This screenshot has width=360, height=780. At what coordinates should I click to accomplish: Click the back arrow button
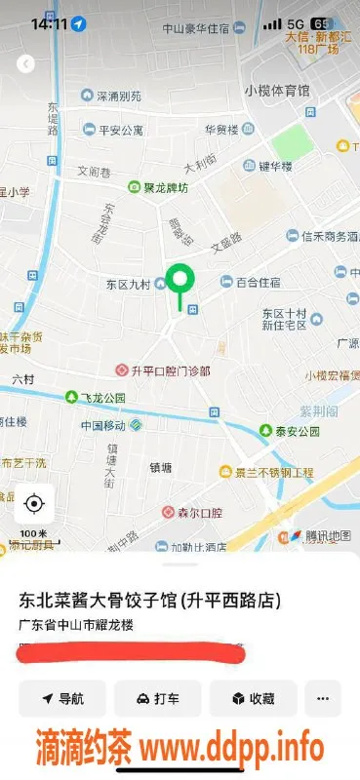[26, 63]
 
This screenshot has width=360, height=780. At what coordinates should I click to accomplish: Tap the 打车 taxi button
[157, 698]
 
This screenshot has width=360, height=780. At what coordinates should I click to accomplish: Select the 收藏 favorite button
[252, 698]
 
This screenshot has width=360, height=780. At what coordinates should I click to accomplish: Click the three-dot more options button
[323, 698]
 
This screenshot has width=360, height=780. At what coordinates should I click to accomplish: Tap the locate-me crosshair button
[34, 503]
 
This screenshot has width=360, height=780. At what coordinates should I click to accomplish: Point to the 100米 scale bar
[34, 534]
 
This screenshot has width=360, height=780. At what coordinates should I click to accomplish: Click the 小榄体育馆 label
[277, 90]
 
